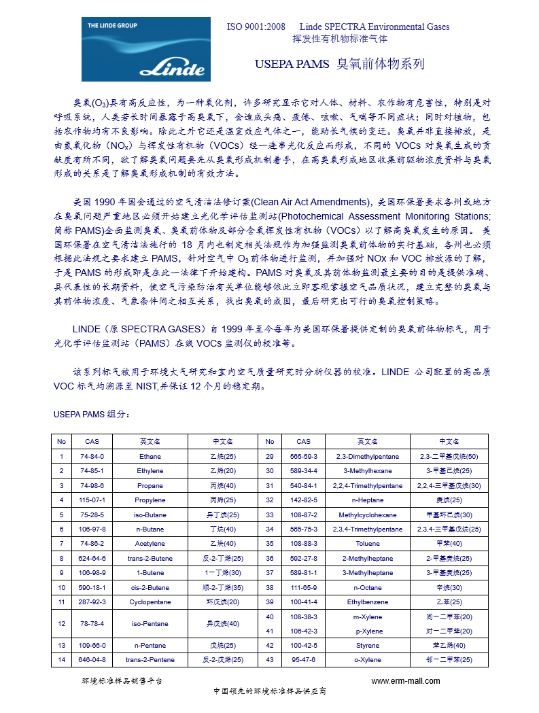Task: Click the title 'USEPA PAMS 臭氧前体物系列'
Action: click(339, 65)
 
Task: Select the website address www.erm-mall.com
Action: click(406, 681)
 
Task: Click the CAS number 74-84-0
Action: click(92, 456)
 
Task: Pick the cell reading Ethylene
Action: click(150, 470)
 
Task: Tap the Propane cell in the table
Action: click(150, 485)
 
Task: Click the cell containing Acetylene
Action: click(150, 543)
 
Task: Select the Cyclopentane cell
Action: click(150, 602)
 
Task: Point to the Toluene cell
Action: click(368, 543)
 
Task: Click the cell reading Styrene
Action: click(368, 645)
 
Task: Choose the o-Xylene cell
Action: click(368, 659)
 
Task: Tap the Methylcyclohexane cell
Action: click(368, 515)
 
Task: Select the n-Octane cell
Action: click(368, 587)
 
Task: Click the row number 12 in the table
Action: click(62, 623)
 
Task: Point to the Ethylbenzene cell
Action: click(368, 602)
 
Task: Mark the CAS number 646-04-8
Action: click(92, 659)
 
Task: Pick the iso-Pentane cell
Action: click(150, 623)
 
